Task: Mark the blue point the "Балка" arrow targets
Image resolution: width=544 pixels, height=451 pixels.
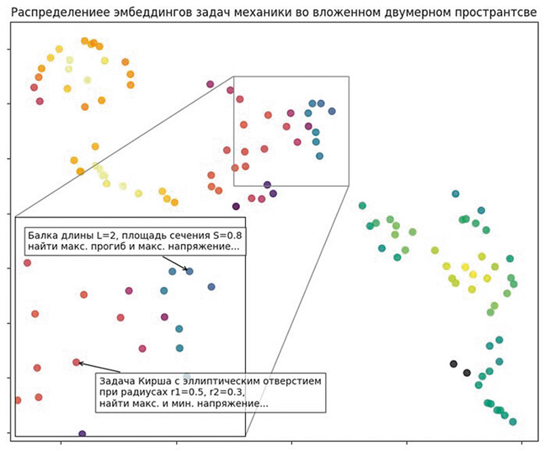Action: click(190, 271)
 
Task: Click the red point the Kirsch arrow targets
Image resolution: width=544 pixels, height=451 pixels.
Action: click(76, 362)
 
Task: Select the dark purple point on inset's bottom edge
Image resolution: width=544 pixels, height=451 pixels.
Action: click(82, 433)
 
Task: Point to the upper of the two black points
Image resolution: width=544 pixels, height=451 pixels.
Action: click(454, 364)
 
